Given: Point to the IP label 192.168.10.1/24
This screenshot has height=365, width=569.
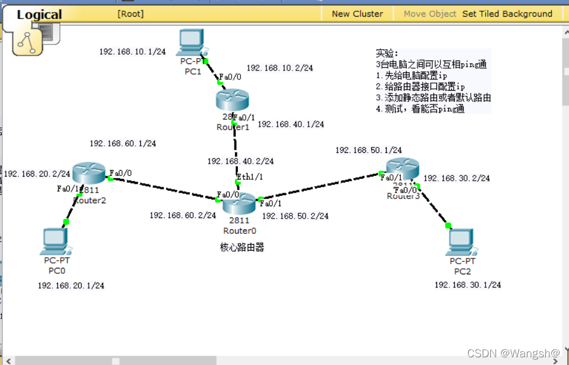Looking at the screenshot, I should pyautogui.click(x=132, y=52).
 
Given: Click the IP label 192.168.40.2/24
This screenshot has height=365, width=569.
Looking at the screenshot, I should pyautogui.click(x=240, y=161).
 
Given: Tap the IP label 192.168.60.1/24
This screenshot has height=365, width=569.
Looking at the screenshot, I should pyautogui.click(x=123, y=143).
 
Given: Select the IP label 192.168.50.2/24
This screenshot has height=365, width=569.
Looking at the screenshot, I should pyautogui.click(x=295, y=216).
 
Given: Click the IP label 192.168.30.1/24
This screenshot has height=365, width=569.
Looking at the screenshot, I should pyautogui.click(x=468, y=285).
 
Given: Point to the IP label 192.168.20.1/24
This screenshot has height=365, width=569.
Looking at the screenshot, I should pyautogui.click(x=71, y=286).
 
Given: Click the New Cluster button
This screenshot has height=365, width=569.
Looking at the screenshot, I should pyautogui.click(x=357, y=14).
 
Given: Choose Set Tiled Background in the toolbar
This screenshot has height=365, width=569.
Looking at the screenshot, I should pyautogui.click(x=507, y=14).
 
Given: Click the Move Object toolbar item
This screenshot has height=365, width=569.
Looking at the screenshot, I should pyautogui.click(x=430, y=14).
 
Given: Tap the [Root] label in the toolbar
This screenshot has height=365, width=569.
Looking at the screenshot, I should pyautogui.click(x=130, y=14).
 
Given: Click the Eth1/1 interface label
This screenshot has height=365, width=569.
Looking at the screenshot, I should pyautogui.click(x=250, y=177).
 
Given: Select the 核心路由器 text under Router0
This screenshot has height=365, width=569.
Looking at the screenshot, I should pyautogui.click(x=242, y=247).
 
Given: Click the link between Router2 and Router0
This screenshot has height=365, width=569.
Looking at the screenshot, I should pyautogui.click(x=163, y=187).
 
